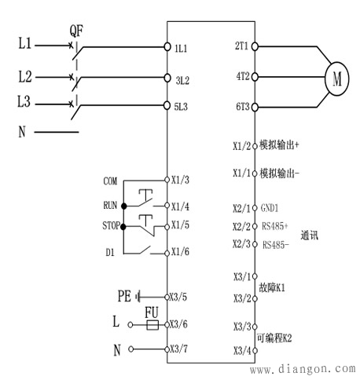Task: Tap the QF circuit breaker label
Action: pyautogui.click(x=76, y=31)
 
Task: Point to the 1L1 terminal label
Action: pyautogui.click(x=182, y=47)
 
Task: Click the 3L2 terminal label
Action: pyautogui.click(x=182, y=79)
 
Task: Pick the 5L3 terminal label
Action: pyautogui.click(x=182, y=105)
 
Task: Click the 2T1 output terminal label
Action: pyautogui.click(x=241, y=47)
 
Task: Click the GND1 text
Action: pyautogui.click(x=270, y=209)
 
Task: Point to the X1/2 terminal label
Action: pyautogui.click(x=241, y=146)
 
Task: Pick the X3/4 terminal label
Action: pyautogui.click(x=241, y=349)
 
